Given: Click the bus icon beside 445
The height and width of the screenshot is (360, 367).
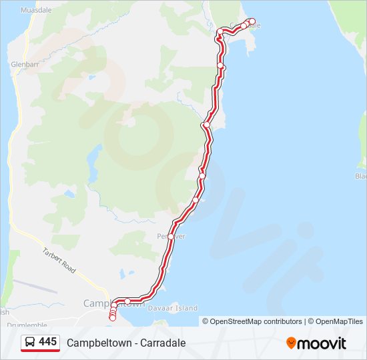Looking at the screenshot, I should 31,343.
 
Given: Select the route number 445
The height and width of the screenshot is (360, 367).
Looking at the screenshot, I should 48,342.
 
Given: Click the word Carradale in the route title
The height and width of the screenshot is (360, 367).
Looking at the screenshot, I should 163,343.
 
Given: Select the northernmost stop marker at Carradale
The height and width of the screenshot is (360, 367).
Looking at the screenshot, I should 252,21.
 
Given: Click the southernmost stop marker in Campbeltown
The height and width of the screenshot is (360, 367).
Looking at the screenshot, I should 112,318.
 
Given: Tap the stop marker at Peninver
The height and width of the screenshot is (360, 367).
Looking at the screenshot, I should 171,237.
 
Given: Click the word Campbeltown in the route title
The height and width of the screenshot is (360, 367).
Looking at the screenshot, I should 97,343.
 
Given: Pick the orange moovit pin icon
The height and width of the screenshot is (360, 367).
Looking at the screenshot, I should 291,343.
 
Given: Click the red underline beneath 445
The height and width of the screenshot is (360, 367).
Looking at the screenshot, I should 40,351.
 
